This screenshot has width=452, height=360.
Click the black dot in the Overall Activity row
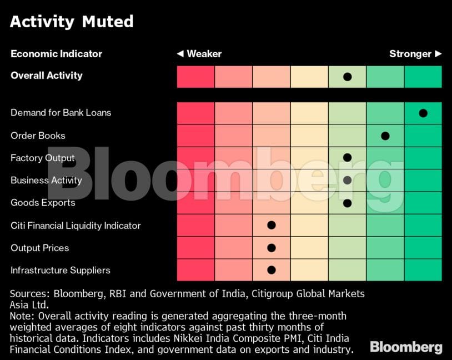[x=347, y=77]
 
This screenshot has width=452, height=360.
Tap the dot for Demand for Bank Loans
[x=423, y=113]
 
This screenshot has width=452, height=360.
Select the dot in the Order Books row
[x=385, y=136]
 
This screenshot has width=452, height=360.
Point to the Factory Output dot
[x=347, y=158]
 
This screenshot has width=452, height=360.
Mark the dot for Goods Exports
[x=347, y=203]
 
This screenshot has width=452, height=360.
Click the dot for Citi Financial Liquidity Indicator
[x=272, y=225]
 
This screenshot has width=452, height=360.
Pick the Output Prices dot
[x=272, y=248]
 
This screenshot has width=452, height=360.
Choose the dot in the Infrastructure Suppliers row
[x=272, y=270]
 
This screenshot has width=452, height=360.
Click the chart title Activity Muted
[x=72, y=22]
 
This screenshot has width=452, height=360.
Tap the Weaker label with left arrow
[x=199, y=54]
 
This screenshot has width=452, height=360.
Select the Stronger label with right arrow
[x=415, y=54]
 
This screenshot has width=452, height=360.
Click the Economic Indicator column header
[x=56, y=54]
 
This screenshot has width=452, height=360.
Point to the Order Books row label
[x=38, y=136]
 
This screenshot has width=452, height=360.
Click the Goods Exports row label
[x=43, y=203]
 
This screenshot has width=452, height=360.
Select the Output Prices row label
[x=39, y=248]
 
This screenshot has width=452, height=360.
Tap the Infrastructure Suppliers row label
[x=61, y=271]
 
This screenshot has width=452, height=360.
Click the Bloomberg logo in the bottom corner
[x=406, y=347]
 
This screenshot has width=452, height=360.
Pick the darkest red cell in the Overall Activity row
[x=195, y=77]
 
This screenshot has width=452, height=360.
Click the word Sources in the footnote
[x=28, y=293]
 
